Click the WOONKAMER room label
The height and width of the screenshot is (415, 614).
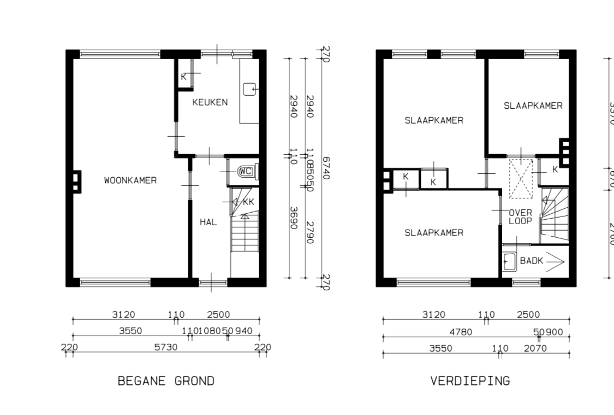click(x=130, y=180)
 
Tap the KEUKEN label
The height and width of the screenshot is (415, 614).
click(x=210, y=102)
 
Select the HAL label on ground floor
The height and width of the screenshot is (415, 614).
click(x=208, y=222)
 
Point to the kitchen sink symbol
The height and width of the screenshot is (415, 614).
click(x=249, y=89)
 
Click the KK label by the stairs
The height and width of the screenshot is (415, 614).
click(x=248, y=202)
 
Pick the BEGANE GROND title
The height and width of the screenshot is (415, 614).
click(x=166, y=381)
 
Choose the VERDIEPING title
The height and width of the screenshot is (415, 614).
click(x=470, y=381)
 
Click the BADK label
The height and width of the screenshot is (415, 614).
click(x=531, y=261)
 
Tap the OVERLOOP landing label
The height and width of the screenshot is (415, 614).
click(x=520, y=217)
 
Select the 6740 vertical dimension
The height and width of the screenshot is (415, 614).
click(x=326, y=168)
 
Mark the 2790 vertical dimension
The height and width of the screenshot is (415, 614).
click(x=310, y=232)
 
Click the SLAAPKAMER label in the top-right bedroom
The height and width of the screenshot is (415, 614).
click(x=533, y=106)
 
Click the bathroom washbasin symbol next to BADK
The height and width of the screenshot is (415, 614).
click(x=509, y=261)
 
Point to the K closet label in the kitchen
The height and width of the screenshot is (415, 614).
click(x=183, y=77)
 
